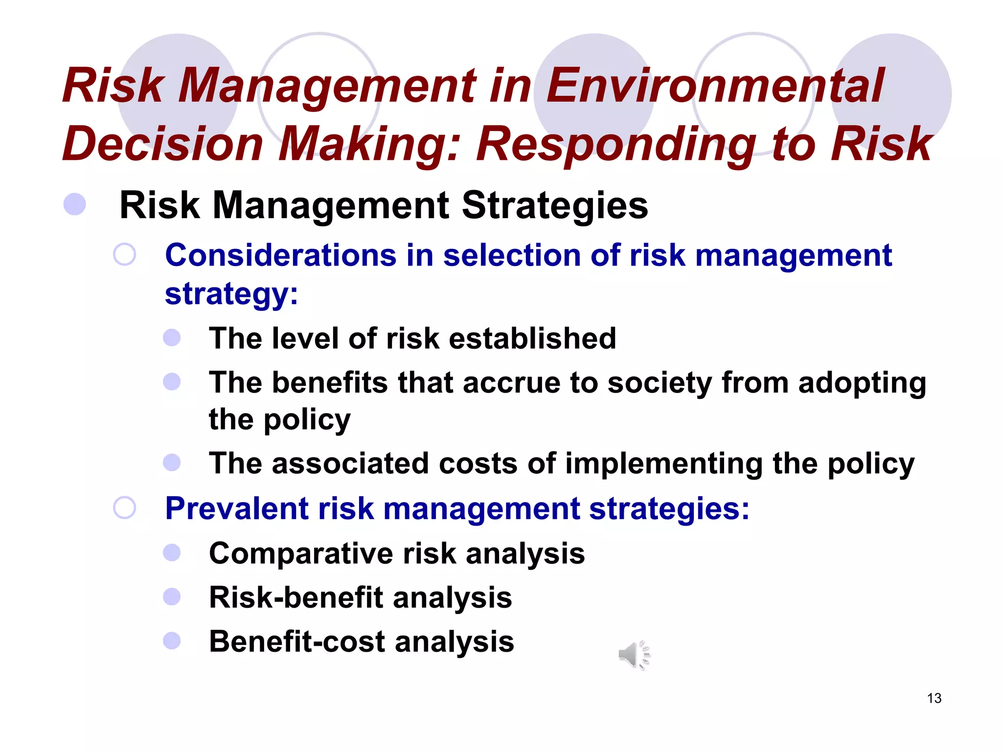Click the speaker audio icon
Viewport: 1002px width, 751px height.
click(634, 655)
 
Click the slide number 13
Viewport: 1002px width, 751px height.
click(934, 698)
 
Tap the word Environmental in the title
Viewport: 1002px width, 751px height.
click(715, 86)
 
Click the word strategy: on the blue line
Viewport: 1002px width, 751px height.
click(231, 294)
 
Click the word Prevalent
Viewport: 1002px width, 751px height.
click(236, 508)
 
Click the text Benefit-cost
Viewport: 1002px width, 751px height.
click(296, 641)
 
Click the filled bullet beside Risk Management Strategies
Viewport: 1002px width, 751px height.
click(75, 204)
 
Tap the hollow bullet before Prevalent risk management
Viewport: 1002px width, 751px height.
click(124, 508)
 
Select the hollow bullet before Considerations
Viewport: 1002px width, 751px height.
click(124, 255)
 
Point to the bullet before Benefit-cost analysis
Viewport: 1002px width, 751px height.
click(172, 641)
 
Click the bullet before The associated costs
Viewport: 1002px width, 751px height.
click(172, 462)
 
